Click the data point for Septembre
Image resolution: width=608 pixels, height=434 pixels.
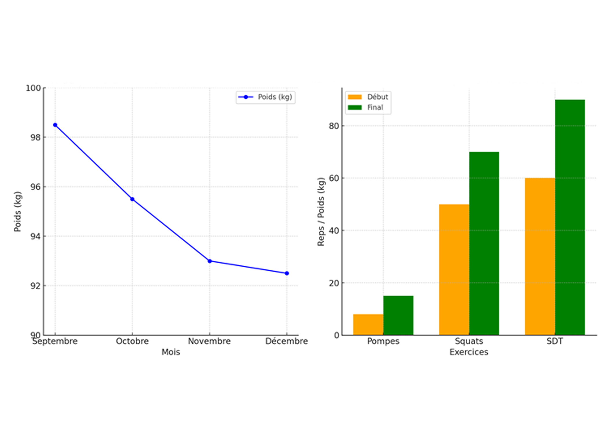pyautogui.click(x=55, y=125)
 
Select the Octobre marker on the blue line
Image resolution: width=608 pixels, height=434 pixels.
pyautogui.click(x=132, y=199)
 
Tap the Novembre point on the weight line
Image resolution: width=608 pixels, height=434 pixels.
pyautogui.click(x=210, y=261)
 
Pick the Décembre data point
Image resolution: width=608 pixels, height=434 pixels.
pyautogui.click(x=287, y=273)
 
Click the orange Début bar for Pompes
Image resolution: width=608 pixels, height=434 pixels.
pyautogui.click(x=368, y=324)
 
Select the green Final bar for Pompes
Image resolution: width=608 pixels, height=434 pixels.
pyautogui.click(x=398, y=315)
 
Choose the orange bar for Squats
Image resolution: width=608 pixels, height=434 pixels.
pyautogui.click(x=454, y=270)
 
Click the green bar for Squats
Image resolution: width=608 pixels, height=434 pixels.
pyautogui.click(x=484, y=243)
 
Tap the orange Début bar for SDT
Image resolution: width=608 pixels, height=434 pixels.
pyautogui.click(x=540, y=256)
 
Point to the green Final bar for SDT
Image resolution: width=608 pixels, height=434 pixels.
pyautogui.click(x=570, y=217)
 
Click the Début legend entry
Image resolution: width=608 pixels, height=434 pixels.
pyautogui.click(x=368, y=97)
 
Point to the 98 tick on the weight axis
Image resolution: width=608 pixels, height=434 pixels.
pyautogui.click(x=36, y=137)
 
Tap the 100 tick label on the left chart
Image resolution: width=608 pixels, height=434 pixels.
pyautogui.click(x=33, y=88)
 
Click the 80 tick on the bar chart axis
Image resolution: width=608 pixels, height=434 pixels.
pyautogui.click(x=334, y=126)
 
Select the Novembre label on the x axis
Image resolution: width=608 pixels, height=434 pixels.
pyautogui.click(x=209, y=341)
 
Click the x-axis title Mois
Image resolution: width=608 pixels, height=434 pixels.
pyautogui.click(x=171, y=352)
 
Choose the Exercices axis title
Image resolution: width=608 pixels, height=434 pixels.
pyautogui.click(x=469, y=352)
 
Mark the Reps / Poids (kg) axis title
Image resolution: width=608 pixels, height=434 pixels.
pyautogui.click(x=321, y=212)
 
